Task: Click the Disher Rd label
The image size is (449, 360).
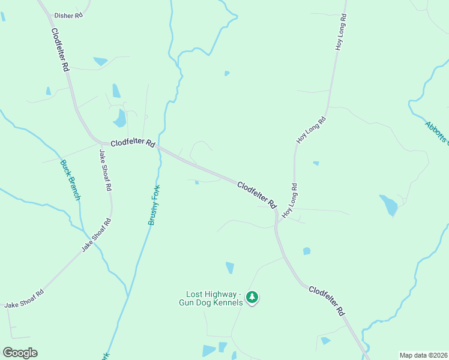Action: [68, 15]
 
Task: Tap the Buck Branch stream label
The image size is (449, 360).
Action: [70, 180]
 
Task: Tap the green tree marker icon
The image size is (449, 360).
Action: [253, 297]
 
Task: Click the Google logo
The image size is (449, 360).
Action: [20, 353]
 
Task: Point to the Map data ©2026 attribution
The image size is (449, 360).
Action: [423, 355]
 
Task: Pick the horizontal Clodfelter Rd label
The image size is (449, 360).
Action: [133, 144]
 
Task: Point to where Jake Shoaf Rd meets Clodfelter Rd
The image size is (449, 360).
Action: [103, 143]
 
